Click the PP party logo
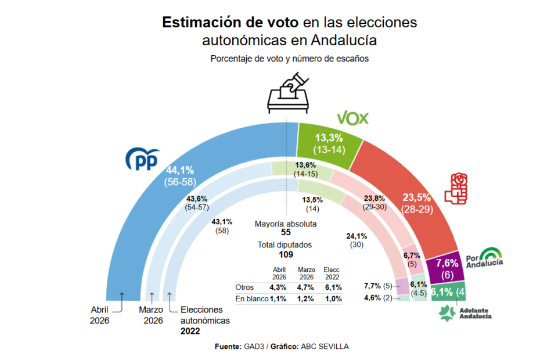[x=143, y=159]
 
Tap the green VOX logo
[x=353, y=118]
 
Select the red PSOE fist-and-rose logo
[x=456, y=187]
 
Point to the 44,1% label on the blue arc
[x=180, y=170]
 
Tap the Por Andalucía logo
[x=484, y=257]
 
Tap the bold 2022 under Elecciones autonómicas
[x=190, y=331]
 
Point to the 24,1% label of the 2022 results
[x=357, y=236]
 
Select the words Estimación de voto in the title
[x=230, y=22]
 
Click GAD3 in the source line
[x=252, y=346]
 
